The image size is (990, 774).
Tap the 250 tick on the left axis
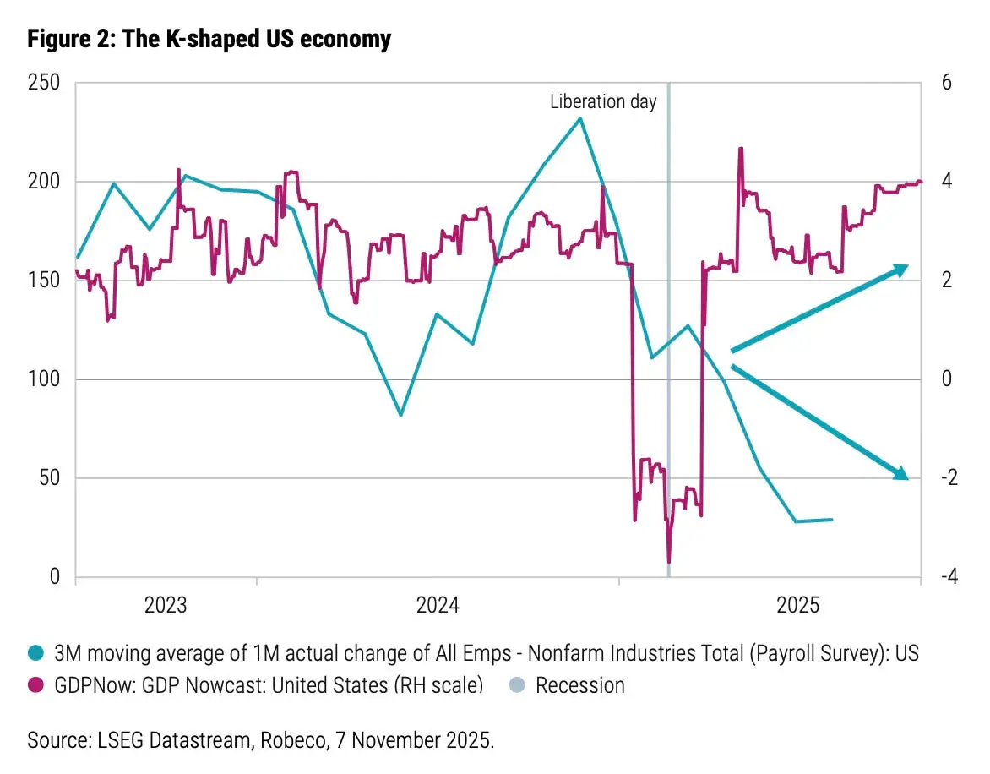[x=43, y=84]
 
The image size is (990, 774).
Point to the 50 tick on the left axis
[x=49, y=478]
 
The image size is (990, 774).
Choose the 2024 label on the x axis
[x=438, y=605]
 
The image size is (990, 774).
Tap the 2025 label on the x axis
[x=798, y=605]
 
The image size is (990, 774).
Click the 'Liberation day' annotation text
[x=602, y=102]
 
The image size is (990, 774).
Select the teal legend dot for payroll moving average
[x=35, y=653]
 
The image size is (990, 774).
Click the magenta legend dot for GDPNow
[x=35, y=684]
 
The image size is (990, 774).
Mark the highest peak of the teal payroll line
[x=579, y=117]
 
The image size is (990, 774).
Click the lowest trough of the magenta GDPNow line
[x=669, y=562]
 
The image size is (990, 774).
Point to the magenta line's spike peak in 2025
[x=740, y=149]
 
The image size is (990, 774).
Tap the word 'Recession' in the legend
[x=580, y=684]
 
